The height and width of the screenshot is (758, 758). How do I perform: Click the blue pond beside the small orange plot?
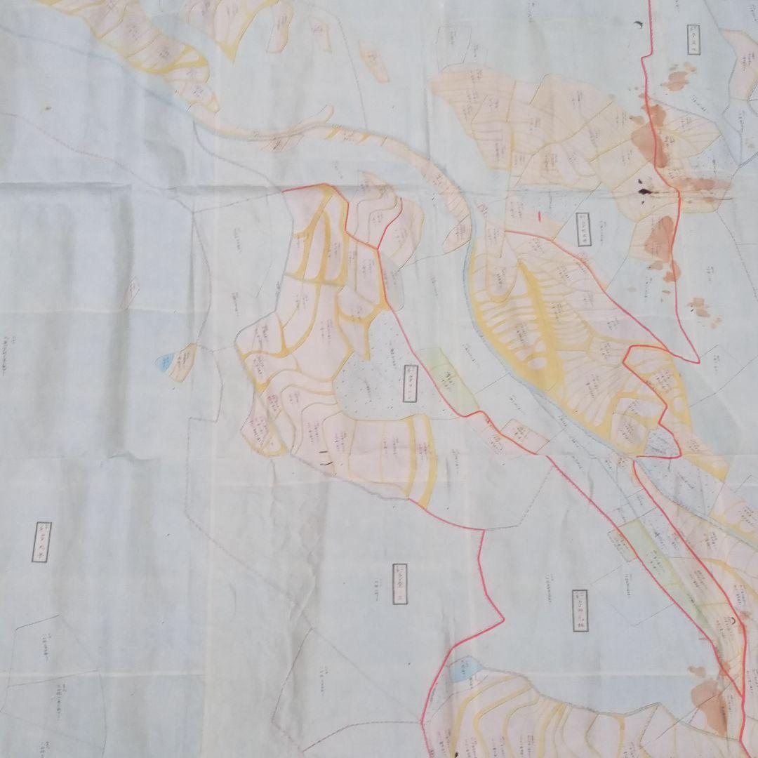click(x=163, y=362)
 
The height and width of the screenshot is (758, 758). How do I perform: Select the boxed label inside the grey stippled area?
click(x=411, y=383)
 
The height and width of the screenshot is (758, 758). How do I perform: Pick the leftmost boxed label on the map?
click(x=43, y=542)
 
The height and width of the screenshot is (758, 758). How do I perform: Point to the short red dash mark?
click(x=538, y=216)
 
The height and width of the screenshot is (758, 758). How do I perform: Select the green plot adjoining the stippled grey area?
click(x=449, y=379)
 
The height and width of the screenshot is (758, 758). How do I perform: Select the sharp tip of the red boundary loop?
click(x=698, y=361)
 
